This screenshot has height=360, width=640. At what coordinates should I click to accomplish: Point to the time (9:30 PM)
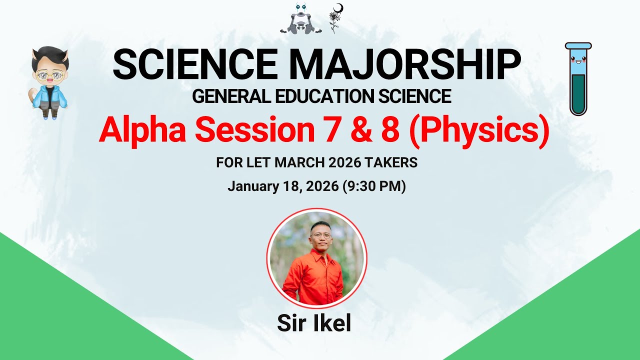373,186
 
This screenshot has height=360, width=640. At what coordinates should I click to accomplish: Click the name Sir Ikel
314,323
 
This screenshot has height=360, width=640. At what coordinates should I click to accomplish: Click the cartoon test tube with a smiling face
578,78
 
